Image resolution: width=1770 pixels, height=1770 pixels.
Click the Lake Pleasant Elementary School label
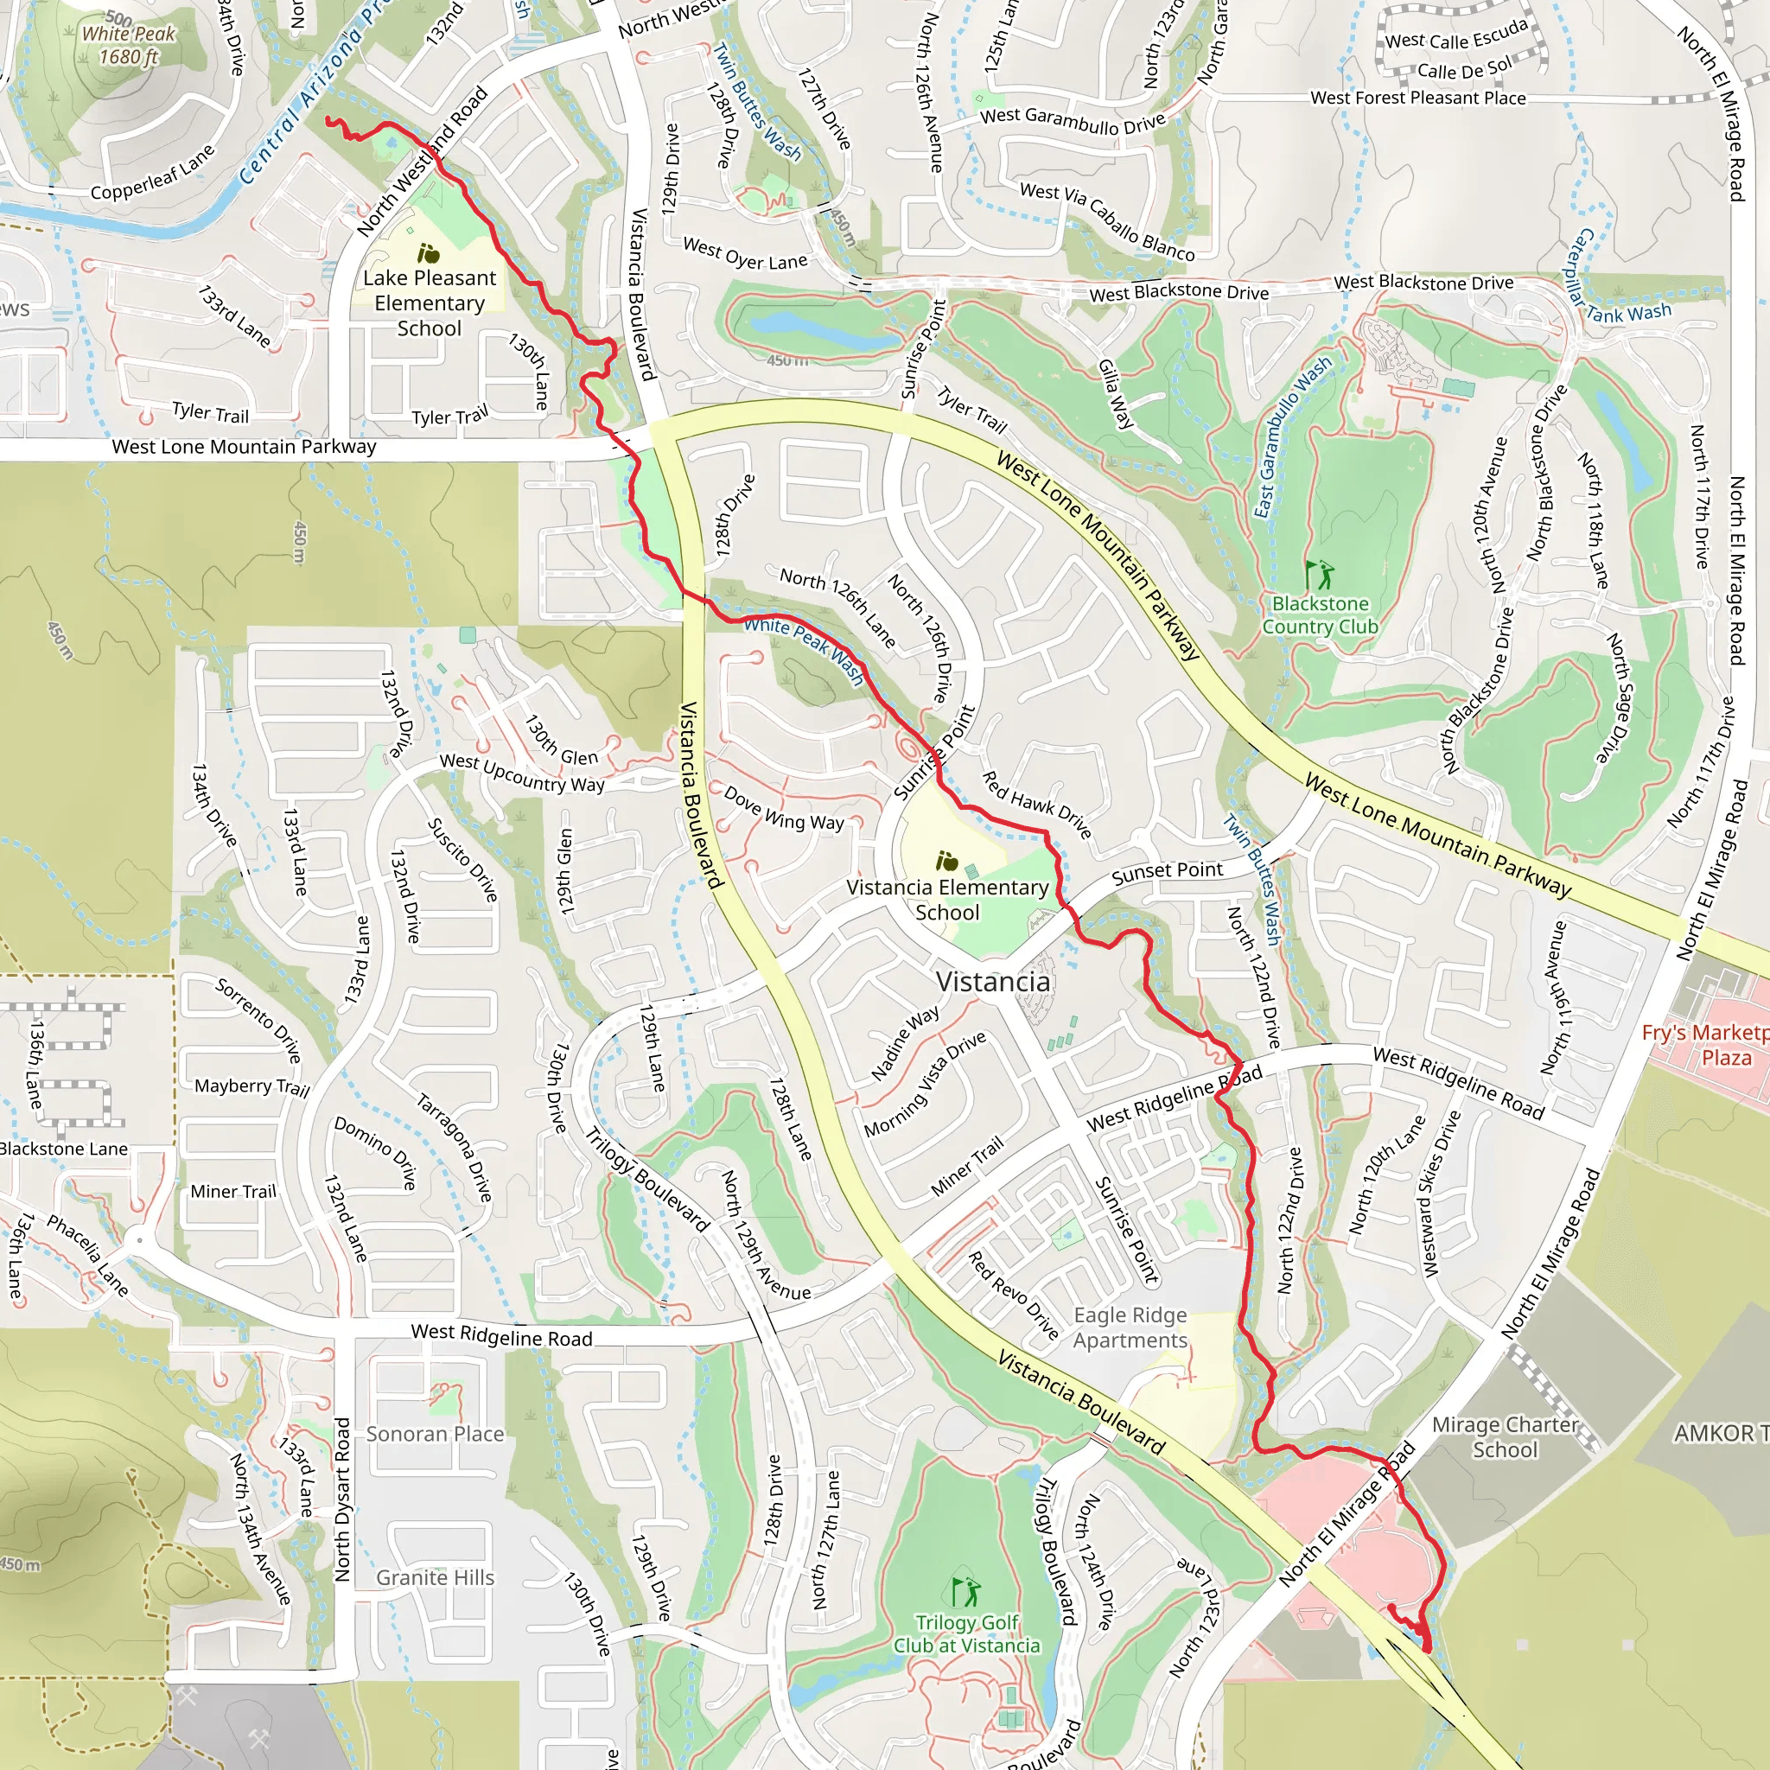pos(429,302)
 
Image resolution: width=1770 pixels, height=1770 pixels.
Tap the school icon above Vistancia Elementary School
pos(946,861)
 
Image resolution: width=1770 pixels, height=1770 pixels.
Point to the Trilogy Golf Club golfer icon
pos(965,1592)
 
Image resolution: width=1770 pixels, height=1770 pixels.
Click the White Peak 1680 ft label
pos(128,45)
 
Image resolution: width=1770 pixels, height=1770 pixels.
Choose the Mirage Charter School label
pos(1506,1436)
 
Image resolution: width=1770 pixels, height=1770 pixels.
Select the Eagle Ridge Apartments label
pos(1130,1327)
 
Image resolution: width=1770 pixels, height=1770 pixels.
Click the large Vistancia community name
pos(993,981)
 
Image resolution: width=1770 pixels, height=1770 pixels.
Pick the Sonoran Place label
pos(436,1434)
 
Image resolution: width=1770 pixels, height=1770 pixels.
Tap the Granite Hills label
pos(436,1576)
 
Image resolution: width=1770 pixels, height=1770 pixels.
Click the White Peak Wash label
pos(804,650)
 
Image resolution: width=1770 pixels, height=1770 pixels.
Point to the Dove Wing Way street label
pos(783,808)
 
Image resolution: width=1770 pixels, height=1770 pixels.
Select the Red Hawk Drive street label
pos(1036,805)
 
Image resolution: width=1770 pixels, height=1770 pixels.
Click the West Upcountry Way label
pos(522,773)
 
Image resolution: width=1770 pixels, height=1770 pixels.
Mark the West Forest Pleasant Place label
pos(1417,97)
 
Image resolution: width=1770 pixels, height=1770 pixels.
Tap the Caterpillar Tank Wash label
pos(1614,284)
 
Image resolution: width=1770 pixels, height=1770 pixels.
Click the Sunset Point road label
pos(1166,871)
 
